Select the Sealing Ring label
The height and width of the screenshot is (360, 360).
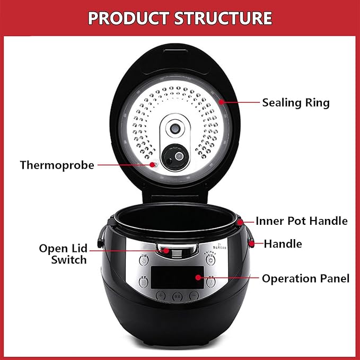[x=295, y=102]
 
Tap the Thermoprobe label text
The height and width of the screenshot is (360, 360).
[x=57, y=165]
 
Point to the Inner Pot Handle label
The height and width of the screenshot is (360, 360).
[x=301, y=221]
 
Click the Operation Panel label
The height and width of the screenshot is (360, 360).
[x=305, y=278]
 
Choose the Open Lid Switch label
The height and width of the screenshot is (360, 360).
[x=63, y=254]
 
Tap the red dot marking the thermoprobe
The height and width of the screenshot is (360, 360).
[x=154, y=165]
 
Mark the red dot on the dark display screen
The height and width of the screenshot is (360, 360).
[x=198, y=277]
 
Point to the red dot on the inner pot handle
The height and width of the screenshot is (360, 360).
[x=240, y=220]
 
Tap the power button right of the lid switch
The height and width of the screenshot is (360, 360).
[x=211, y=259]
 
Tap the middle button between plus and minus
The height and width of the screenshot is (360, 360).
[x=178, y=296]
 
